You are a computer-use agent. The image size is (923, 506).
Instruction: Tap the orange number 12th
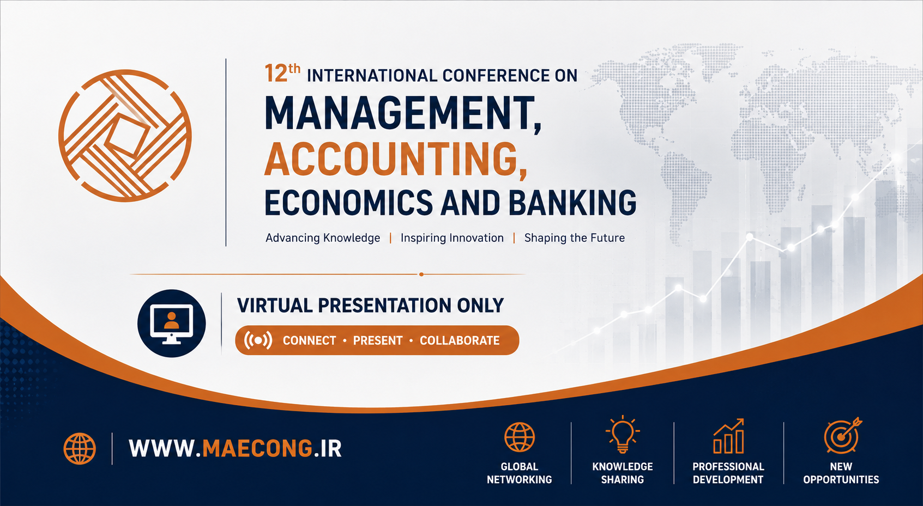[x=282, y=74]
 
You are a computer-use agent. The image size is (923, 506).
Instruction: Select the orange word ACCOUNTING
[x=396, y=160]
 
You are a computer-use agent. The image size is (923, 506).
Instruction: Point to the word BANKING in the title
[x=572, y=203]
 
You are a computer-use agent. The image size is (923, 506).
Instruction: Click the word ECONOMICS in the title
[x=348, y=203]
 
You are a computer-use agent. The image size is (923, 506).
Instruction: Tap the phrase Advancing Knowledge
[x=323, y=238]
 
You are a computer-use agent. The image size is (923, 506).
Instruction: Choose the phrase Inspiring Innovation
[x=452, y=238]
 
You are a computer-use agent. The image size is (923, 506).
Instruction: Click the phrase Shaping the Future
[x=575, y=238]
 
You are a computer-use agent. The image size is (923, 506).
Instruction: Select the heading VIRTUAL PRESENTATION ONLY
[x=370, y=306]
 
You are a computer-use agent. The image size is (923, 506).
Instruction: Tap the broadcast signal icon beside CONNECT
[x=258, y=340]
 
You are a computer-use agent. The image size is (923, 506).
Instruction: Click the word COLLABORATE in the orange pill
[x=460, y=340]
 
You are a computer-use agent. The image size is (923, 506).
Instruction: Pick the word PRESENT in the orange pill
[x=377, y=340]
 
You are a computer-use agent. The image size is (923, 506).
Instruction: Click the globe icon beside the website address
[x=80, y=448]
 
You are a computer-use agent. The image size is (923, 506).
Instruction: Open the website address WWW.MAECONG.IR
[x=236, y=448]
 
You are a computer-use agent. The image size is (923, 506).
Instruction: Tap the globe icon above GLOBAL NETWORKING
[x=519, y=437]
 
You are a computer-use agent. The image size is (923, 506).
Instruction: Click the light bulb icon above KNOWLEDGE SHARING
[x=623, y=434]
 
